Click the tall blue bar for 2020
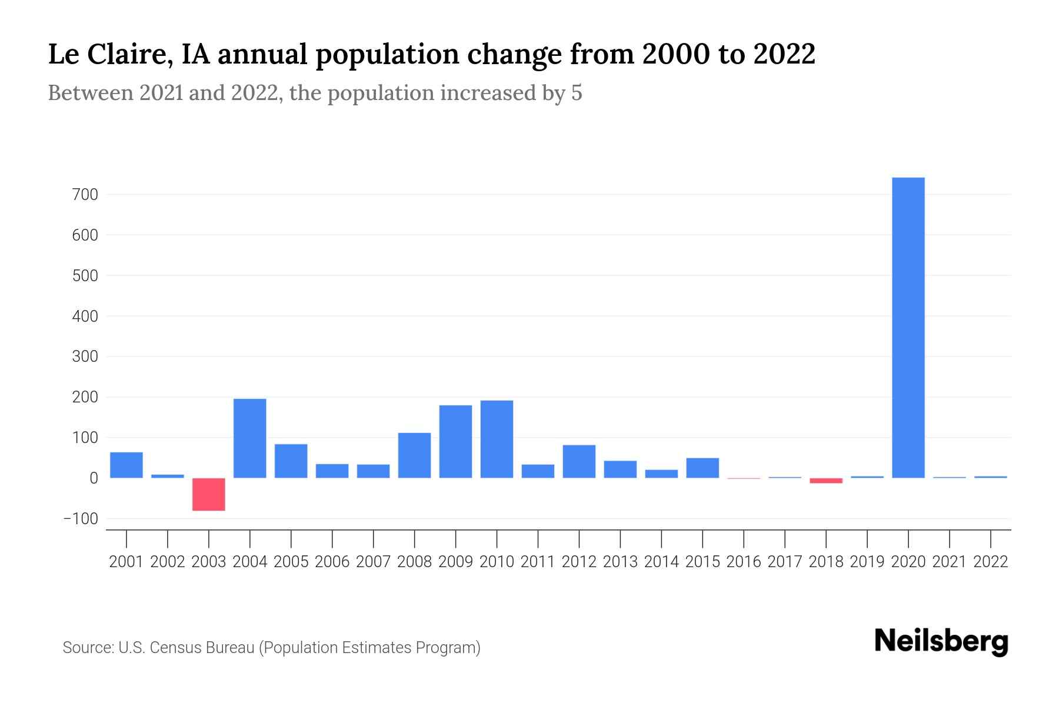point(908,327)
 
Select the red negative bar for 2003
point(209,494)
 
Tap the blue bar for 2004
point(250,438)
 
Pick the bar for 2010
point(497,439)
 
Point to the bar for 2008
point(414,455)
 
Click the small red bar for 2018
point(826,481)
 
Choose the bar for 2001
point(126,465)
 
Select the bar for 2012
point(579,461)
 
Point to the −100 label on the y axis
point(81,519)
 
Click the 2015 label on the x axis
point(702,562)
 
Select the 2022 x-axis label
point(991,562)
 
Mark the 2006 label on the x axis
point(332,562)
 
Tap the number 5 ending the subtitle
point(577,93)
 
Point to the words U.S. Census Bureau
point(187,648)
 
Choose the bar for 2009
point(455,441)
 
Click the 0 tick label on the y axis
point(94,478)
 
